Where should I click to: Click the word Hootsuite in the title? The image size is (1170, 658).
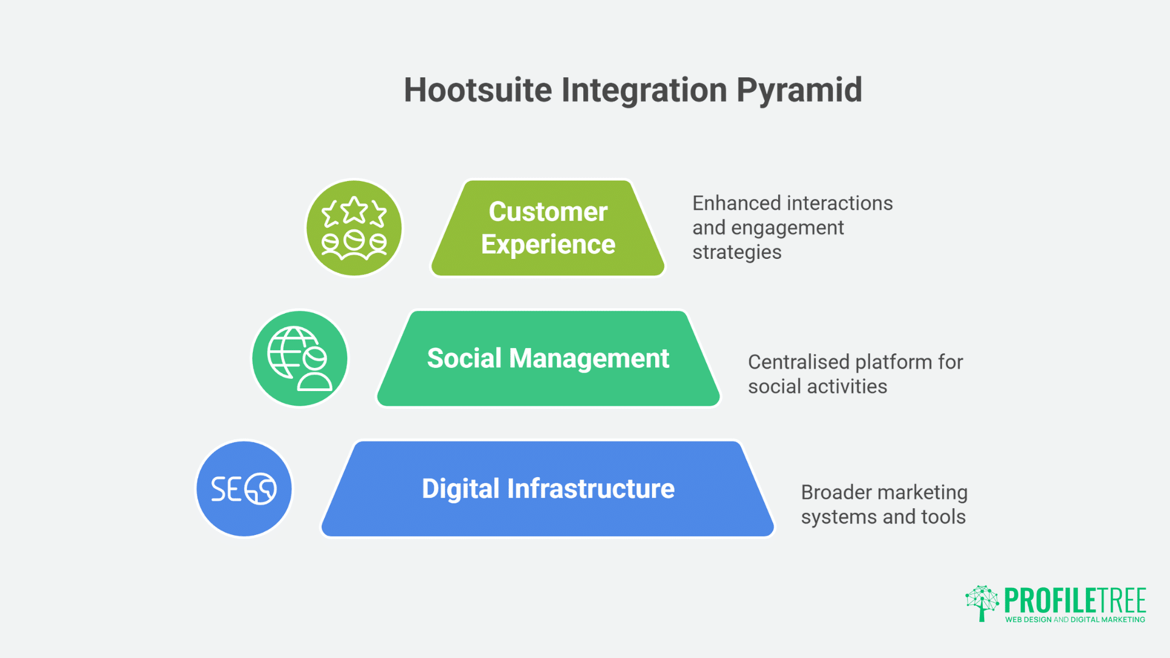point(478,90)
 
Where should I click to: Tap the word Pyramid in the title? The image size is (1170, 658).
point(799,90)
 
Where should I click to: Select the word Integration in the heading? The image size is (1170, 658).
point(644,90)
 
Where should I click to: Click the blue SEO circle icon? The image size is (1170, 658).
point(244,489)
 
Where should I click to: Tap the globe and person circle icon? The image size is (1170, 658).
point(300,358)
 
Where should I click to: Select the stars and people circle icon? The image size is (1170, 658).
point(354,228)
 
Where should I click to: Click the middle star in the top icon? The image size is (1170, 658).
point(354,210)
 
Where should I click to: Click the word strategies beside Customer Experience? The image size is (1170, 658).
point(737,252)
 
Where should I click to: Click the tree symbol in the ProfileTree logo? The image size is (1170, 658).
point(982,603)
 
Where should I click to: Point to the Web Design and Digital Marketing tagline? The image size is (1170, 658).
point(1075,620)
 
